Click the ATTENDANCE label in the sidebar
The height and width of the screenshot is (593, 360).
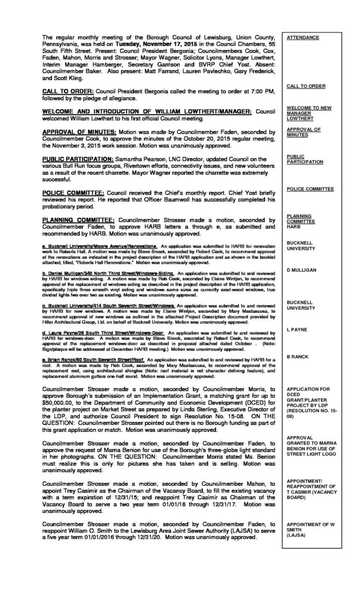pos(303,37)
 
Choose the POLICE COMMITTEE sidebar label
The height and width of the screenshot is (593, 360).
pos(310,189)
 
